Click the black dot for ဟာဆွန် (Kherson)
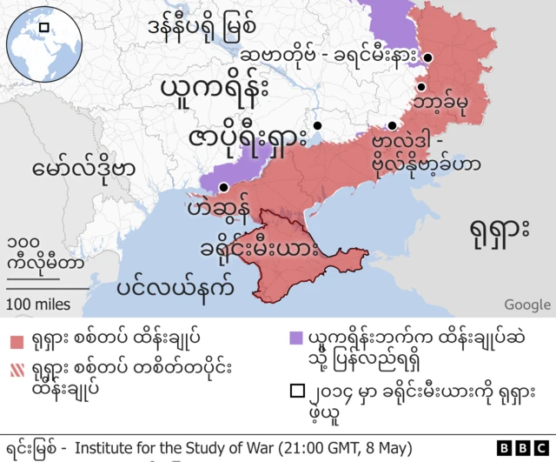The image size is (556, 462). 224,187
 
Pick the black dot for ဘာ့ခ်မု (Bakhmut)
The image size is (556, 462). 420,87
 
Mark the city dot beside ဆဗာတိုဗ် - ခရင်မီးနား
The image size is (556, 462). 427,58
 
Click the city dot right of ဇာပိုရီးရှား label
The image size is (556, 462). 318,124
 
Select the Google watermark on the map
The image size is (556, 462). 526,305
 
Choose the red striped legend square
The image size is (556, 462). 17,368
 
